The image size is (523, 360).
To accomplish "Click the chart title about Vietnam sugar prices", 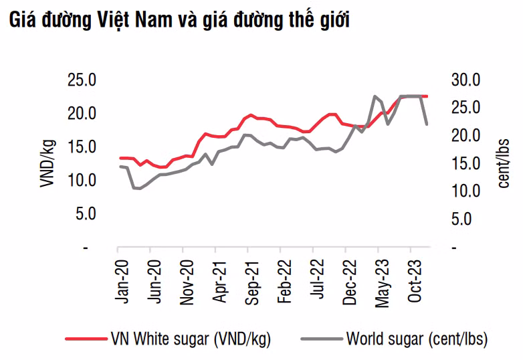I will [179, 19].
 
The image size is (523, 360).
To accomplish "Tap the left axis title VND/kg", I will [47, 163].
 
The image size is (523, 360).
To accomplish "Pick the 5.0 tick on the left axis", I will [85, 214].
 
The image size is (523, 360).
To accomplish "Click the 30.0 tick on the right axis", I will [467, 80].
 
